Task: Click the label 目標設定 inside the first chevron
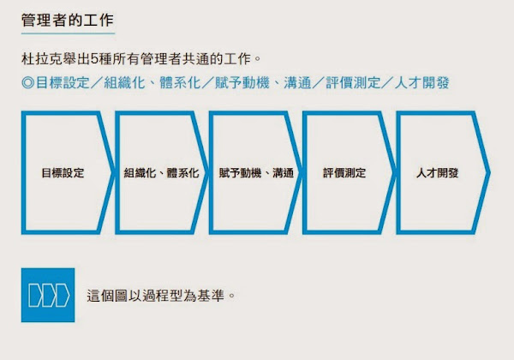[63, 172]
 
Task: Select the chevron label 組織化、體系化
[161, 172]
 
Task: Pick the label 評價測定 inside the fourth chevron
[344, 172]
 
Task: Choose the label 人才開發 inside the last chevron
[437, 172]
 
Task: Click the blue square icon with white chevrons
[48, 295]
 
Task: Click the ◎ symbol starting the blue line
[28, 82]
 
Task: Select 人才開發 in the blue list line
[421, 82]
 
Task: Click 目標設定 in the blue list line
[63, 82]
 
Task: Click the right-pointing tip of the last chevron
[488, 172]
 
